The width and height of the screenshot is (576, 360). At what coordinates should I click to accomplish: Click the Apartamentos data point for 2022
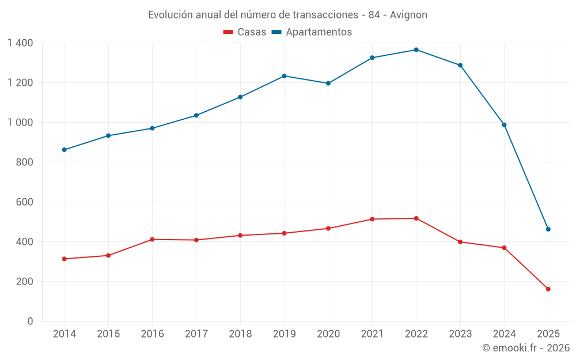click(x=416, y=50)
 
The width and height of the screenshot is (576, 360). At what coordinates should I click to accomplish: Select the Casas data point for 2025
click(x=548, y=289)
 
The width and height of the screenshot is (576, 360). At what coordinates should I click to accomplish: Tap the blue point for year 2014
click(x=64, y=150)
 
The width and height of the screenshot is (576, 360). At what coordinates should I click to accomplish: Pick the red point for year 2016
click(x=152, y=239)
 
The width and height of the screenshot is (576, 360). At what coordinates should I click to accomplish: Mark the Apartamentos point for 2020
click(x=328, y=84)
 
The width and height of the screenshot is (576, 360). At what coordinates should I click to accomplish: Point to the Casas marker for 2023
click(x=460, y=242)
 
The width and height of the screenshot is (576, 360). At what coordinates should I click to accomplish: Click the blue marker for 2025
click(x=548, y=229)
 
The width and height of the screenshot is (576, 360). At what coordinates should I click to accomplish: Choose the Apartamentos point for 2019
click(x=284, y=76)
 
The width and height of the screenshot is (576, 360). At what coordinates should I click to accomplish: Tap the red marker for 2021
click(x=372, y=219)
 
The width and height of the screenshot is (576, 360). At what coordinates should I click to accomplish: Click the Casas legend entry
click(x=245, y=32)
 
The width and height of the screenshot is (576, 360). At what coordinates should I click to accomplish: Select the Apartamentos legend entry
click(x=312, y=32)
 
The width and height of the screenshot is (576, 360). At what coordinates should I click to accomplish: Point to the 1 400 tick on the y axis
click(x=21, y=43)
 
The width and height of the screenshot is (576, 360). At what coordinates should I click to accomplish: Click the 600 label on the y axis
click(x=24, y=202)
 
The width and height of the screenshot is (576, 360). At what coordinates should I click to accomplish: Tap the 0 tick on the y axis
click(x=31, y=321)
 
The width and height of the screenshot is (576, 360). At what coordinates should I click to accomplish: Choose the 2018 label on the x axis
click(x=240, y=334)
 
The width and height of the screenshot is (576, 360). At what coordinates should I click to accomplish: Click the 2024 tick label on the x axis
click(x=504, y=334)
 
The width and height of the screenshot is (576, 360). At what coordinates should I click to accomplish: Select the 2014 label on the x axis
click(x=64, y=334)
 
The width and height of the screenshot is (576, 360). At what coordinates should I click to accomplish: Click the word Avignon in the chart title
click(x=408, y=15)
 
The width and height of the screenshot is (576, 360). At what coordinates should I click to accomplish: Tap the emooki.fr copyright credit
click(x=525, y=348)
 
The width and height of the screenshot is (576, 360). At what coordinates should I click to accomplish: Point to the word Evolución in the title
click(x=170, y=15)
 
